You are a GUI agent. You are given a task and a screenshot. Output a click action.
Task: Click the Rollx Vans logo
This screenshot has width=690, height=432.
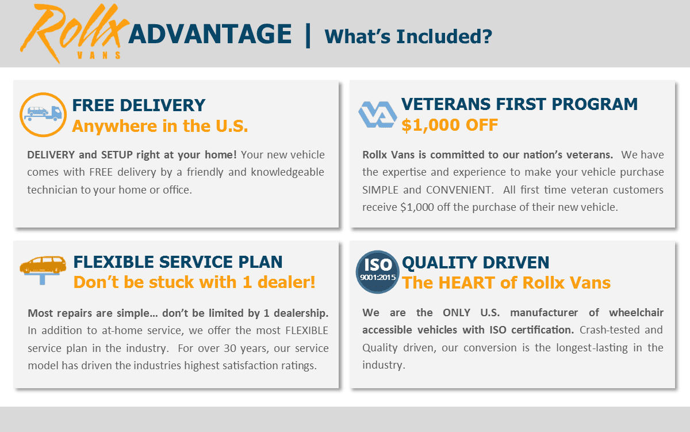(74, 32)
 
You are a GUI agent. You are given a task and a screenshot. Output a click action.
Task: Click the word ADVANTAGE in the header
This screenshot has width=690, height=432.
(210, 34)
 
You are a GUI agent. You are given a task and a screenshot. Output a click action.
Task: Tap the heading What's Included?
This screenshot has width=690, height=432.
(408, 36)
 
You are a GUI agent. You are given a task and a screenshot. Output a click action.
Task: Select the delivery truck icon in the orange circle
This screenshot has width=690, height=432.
(43, 115)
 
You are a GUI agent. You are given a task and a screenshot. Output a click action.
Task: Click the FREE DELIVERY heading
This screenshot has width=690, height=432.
(139, 105)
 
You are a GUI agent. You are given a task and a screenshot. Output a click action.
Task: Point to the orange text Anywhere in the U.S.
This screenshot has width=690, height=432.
(160, 126)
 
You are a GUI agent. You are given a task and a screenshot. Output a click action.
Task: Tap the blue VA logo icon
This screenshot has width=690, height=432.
(377, 115)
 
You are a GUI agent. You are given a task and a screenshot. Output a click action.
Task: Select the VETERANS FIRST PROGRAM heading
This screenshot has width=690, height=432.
(519, 104)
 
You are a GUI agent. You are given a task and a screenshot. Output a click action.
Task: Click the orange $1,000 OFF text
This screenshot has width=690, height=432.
(450, 125)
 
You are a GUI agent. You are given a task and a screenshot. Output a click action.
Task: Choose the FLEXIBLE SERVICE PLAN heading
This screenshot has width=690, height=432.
(178, 262)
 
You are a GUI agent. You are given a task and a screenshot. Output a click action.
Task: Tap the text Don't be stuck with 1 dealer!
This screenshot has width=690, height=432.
(194, 282)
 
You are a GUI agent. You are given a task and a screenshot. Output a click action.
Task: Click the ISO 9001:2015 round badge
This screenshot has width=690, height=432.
(377, 272)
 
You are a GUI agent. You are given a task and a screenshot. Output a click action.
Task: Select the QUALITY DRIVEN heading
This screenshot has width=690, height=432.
(476, 263)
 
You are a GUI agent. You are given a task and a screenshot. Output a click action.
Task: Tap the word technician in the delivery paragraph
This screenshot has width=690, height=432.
(52, 190)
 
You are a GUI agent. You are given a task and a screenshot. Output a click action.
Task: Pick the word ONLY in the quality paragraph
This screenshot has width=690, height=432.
(457, 313)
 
